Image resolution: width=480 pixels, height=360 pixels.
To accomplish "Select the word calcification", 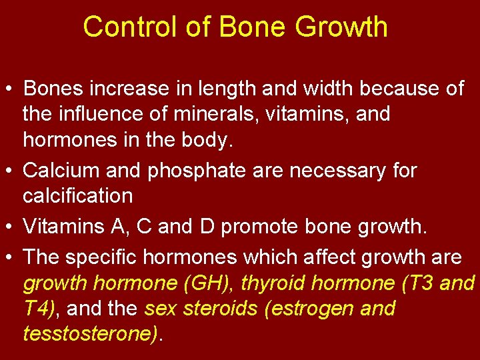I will (78, 196).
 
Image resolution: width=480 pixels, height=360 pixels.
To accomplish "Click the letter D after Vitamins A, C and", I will (205, 227).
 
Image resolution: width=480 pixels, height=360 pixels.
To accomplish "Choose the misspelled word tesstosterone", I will (90, 333).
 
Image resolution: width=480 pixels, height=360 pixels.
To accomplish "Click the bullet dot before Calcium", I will (11, 171).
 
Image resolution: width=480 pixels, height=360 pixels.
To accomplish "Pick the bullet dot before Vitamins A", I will (11, 227).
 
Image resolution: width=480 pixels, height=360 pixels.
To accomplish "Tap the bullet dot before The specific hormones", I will (11, 258).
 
